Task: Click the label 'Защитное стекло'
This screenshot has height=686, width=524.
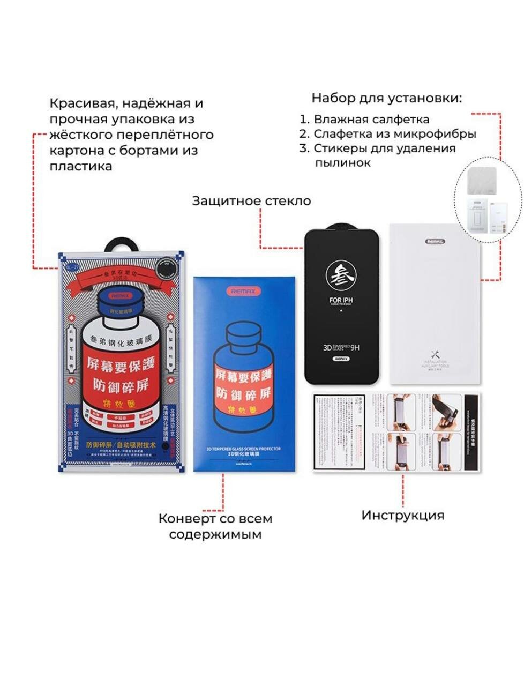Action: click(x=251, y=201)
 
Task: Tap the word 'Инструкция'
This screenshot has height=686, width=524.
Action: click(x=402, y=515)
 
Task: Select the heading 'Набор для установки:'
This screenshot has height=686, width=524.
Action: click(x=386, y=99)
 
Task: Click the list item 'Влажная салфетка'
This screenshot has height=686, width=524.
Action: click(x=371, y=120)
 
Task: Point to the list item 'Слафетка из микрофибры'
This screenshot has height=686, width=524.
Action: click(x=394, y=134)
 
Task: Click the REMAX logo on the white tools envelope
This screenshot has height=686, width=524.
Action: click(x=435, y=241)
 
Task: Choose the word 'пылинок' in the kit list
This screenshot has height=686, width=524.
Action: click(x=343, y=163)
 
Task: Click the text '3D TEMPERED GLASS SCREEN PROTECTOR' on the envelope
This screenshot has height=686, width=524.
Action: click(x=244, y=448)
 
